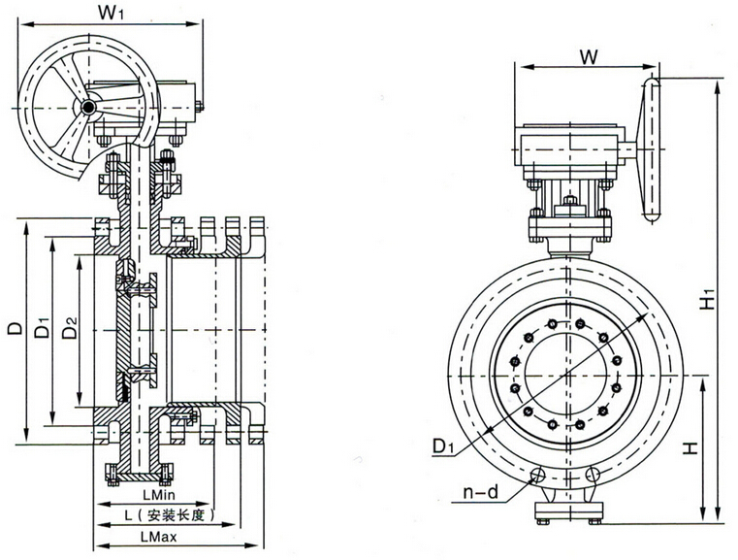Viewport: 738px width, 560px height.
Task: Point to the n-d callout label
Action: pyautogui.click(x=479, y=493)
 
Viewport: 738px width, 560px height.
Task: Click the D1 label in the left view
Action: pyautogui.click(x=42, y=329)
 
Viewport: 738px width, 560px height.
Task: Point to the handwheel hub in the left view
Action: pyautogui.click(x=89, y=107)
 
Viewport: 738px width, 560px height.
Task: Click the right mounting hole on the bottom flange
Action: pyautogui.click(x=594, y=476)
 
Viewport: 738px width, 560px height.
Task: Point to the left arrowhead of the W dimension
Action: pyautogui.click(x=524, y=68)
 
